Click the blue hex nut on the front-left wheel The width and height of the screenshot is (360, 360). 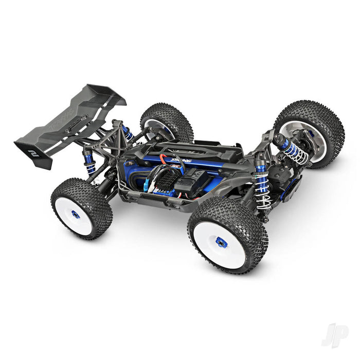pos(222,242)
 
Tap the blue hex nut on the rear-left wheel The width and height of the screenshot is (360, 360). pos(76,214)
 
